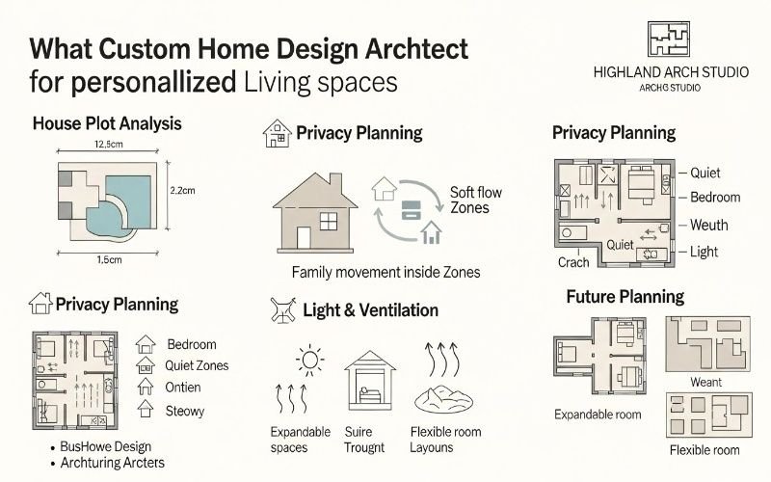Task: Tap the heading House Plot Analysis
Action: pos(107,124)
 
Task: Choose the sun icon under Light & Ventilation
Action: pos(309,361)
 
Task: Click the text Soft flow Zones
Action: pos(475,200)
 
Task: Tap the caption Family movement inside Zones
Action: pos(385,273)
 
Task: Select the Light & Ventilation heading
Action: pos(370,310)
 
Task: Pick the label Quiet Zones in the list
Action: pos(198,365)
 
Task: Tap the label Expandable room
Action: pos(598,415)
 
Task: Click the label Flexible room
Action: pos(705,450)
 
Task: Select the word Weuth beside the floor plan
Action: pos(709,225)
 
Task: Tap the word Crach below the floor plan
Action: pos(573,262)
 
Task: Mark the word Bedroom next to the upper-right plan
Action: pos(715,198)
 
